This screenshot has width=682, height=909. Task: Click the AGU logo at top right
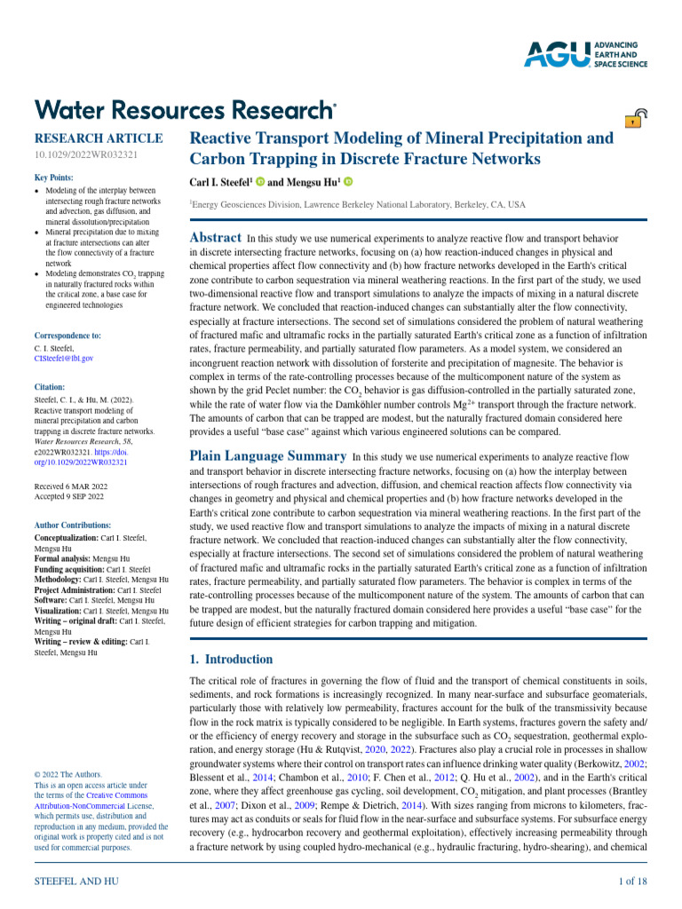click(585, 53)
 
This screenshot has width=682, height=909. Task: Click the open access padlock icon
click(636, 119)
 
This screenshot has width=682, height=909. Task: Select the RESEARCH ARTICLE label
click(98, 138)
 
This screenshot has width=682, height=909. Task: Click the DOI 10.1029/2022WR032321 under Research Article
click(85, 155)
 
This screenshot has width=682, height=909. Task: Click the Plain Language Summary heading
click(268, 456)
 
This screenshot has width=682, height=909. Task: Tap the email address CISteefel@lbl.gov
click(63, 359)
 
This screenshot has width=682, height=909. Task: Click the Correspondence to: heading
click(67, 336)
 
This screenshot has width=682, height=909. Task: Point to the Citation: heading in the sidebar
click(50, 387)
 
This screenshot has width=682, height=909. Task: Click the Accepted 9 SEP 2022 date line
click(68, 496)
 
